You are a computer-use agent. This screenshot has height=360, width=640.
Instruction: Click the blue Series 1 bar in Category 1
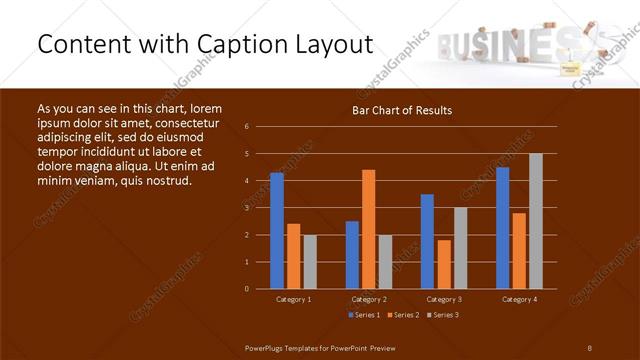(x=277, y=231)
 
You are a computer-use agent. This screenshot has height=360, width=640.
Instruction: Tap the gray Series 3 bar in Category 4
(x=536, y=221)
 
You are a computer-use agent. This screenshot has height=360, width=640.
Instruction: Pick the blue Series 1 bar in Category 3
(x=427, y=241)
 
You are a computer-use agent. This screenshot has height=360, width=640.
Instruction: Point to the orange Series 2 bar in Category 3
(x=444, y=264)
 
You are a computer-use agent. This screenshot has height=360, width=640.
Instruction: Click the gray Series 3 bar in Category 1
(x=310, y=262)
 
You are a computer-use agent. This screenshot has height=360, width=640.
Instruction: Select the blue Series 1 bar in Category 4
(x=502, y=228)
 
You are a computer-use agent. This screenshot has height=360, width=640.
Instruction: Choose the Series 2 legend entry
(x=403, y=315)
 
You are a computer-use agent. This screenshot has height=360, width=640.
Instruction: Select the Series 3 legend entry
(x=443, y=315)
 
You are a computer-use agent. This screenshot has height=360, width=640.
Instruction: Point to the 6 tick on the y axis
(x=247, y=127)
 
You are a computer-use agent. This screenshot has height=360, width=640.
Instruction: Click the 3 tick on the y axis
(x=247, y=208)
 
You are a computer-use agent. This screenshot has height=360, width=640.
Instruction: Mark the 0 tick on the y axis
(x=247, y=289)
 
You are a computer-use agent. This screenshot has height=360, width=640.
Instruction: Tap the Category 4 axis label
(x=518, y=299)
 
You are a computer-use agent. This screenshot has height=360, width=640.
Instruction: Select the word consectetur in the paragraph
(x=181, y=121)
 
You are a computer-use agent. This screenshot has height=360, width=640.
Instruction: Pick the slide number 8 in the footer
(x=590, y=347)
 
